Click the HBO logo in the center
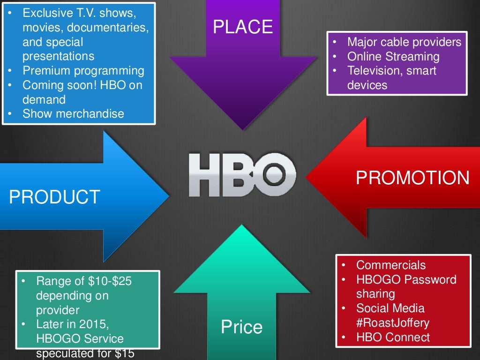click(242, 174)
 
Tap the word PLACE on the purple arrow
click(242, 27)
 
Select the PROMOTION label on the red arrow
click(412, 178)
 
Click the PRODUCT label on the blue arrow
click(54, 197)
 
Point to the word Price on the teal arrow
click(242, 327)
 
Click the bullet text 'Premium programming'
click(83, 71)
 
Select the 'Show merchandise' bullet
click(73, 113)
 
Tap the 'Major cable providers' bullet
click(404, 42)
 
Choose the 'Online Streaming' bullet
click(393, 57)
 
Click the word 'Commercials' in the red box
click(391, 265)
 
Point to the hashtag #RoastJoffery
click(393, 323)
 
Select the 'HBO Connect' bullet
click(393, 337)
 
